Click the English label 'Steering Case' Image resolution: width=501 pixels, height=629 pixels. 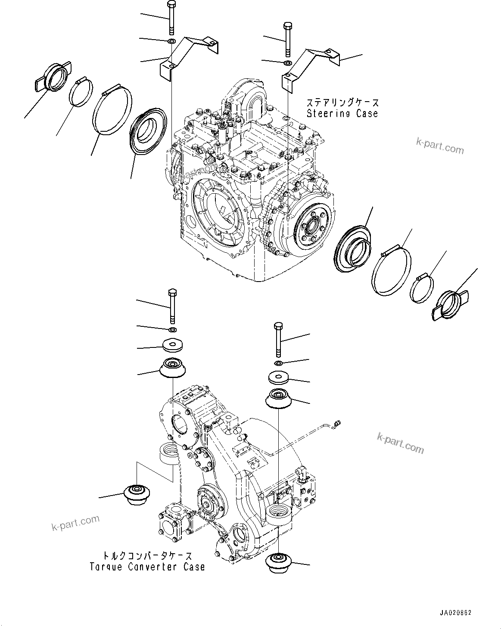[x=342, y=114]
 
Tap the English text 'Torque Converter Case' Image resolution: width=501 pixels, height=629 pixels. [x=147, y=567]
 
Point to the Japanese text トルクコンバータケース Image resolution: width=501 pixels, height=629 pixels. [x=147, y=556]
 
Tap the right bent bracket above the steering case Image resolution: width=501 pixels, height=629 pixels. [x=310, y=65]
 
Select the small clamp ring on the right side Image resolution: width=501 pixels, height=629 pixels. [x=422, y=289]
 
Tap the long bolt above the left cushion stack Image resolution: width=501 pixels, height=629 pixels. [x=172, y=306]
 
